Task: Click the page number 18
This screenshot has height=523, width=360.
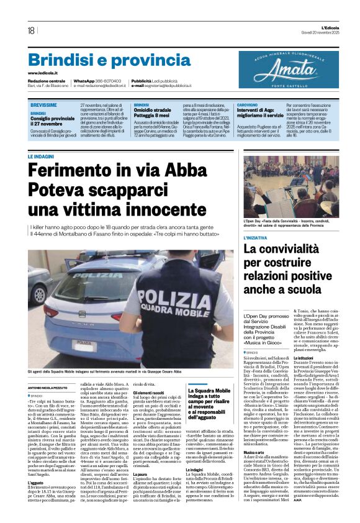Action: point(30,30)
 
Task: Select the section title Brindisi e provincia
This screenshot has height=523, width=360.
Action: point(101,60)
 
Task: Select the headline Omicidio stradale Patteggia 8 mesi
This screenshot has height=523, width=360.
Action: point(152,113)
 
